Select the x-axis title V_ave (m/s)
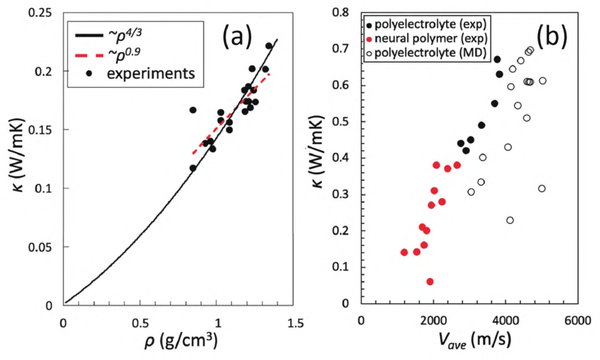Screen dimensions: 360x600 [x=470, y=343]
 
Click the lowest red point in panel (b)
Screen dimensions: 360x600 [x=430, y=281]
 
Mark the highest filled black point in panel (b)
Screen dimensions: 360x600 [x=497, y=59]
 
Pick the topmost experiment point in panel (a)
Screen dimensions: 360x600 [x=269, y=46]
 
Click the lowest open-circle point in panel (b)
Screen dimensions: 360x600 [x=509, y=220]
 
